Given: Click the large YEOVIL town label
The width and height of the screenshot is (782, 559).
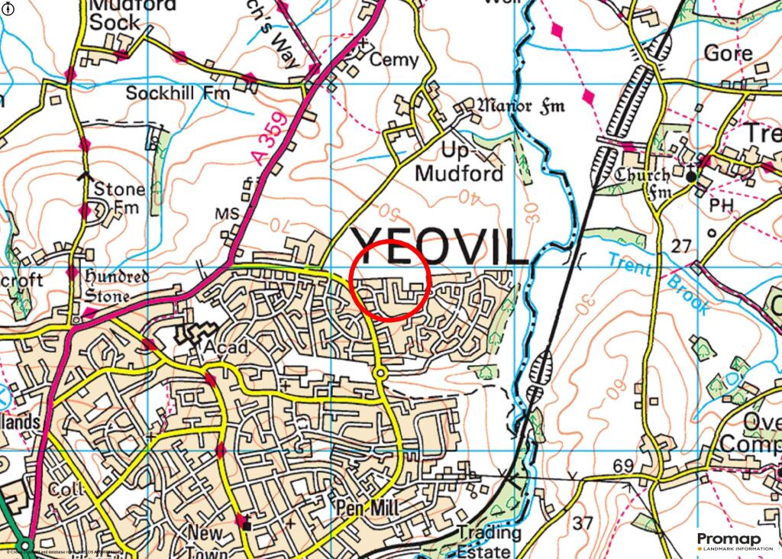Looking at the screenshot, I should [439, 247].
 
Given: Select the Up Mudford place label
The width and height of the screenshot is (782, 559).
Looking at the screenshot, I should [459, 164].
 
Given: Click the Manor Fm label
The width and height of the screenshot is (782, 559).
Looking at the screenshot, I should [521, 105].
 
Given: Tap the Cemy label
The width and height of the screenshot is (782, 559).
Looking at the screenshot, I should [394, 60].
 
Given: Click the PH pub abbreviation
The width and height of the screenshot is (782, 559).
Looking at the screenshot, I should [719, 205].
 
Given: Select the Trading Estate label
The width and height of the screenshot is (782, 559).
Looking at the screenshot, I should [488, 541].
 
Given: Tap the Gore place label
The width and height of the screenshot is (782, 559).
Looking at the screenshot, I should [728, 53].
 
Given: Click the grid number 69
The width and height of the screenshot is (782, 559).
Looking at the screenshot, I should [623, 466].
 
